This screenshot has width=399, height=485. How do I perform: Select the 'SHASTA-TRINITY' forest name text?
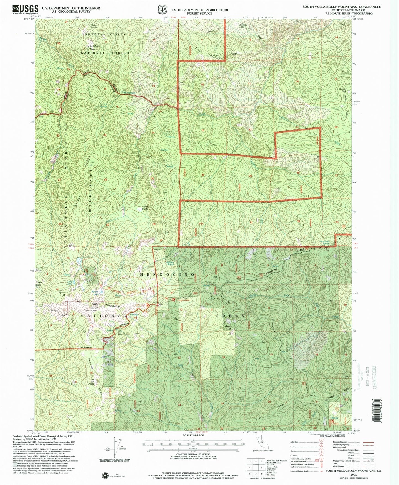pyautogui.click(x=105, y=34)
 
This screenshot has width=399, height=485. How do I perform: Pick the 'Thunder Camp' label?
pyautogui.click(x=168, y=132)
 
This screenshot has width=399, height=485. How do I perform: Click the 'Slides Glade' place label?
pyautogui.click(x=145, y=207)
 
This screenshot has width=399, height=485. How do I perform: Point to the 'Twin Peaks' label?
pyautogui.click(x=91, y=382)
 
